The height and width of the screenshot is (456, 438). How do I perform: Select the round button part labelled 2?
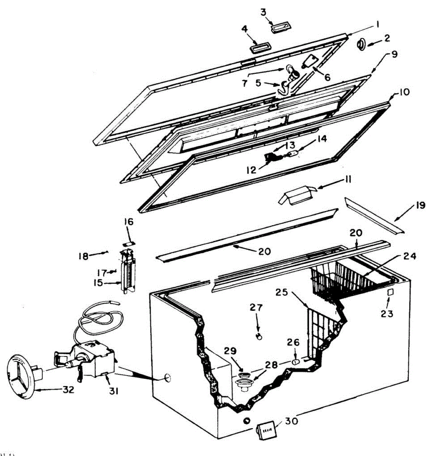tap(361, 44)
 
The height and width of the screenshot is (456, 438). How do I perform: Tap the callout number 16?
tap(129, 222)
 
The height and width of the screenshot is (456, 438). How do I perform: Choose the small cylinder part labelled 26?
tap(295, 362)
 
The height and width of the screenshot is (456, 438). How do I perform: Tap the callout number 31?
tap(113, 390)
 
